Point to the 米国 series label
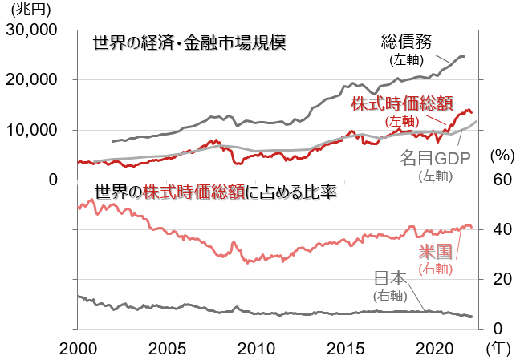[435, 252]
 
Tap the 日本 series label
[391, 278]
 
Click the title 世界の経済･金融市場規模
[189, 42]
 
